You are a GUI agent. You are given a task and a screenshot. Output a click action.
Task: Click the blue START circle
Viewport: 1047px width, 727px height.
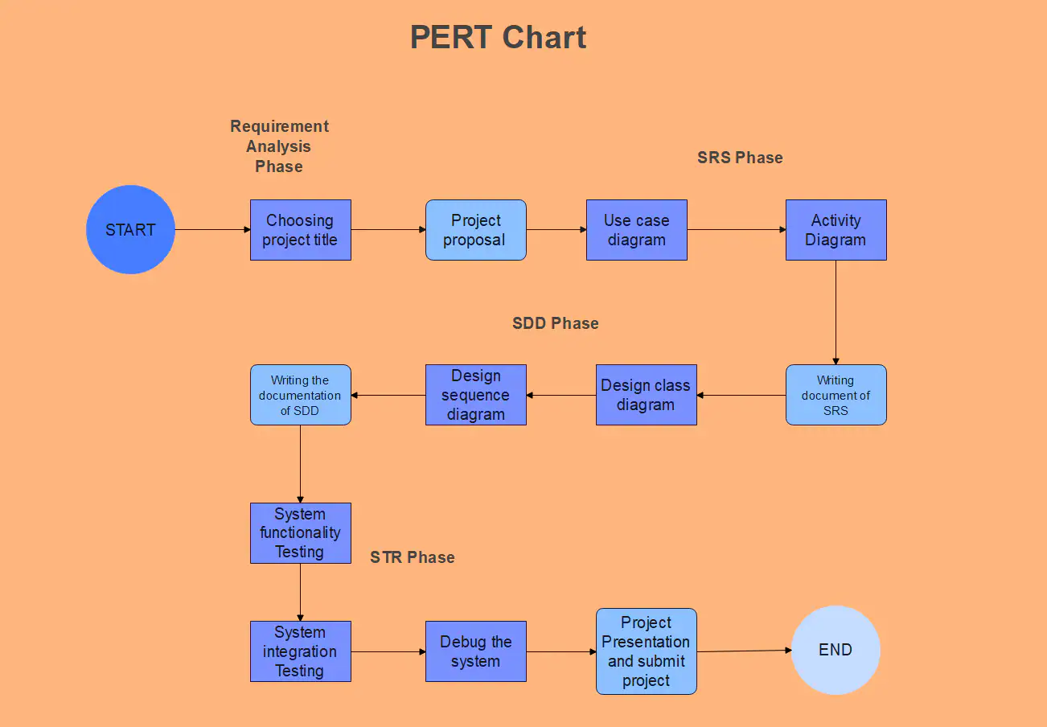130,230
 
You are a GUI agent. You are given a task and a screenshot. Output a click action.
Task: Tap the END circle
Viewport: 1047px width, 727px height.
836,650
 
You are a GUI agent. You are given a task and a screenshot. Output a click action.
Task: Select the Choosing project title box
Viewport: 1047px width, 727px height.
300,230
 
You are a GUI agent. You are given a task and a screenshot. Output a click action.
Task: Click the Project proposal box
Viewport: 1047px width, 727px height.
475,230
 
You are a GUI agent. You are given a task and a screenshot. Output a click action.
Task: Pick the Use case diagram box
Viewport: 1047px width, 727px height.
636,230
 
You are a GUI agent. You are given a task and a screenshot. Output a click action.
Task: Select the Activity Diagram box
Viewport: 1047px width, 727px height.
836,230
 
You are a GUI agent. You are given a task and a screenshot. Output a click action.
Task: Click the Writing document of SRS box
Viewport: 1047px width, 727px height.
836,395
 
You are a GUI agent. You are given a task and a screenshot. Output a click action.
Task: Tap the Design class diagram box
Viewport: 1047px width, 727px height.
646,395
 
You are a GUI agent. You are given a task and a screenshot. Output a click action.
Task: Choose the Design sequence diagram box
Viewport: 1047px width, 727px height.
475,395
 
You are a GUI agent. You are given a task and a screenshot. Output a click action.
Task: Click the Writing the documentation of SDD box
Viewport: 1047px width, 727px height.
300,395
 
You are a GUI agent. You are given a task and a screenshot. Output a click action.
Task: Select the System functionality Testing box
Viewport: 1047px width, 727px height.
300,532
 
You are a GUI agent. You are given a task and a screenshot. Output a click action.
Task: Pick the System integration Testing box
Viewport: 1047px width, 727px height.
300,651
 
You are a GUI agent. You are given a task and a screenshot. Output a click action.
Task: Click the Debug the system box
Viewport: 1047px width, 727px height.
475,651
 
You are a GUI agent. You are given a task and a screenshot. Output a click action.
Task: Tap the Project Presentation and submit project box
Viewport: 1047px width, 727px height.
646,651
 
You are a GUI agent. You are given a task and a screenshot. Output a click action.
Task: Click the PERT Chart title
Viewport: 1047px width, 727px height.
498,38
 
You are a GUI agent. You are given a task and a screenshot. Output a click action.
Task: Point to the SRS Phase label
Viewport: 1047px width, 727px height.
740,158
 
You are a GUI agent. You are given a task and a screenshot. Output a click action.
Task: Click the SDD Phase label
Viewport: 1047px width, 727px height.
555,323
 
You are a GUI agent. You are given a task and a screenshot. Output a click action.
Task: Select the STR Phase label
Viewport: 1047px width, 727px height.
412,557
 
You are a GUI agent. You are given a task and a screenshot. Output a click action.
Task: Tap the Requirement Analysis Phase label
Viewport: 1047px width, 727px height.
279,146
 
